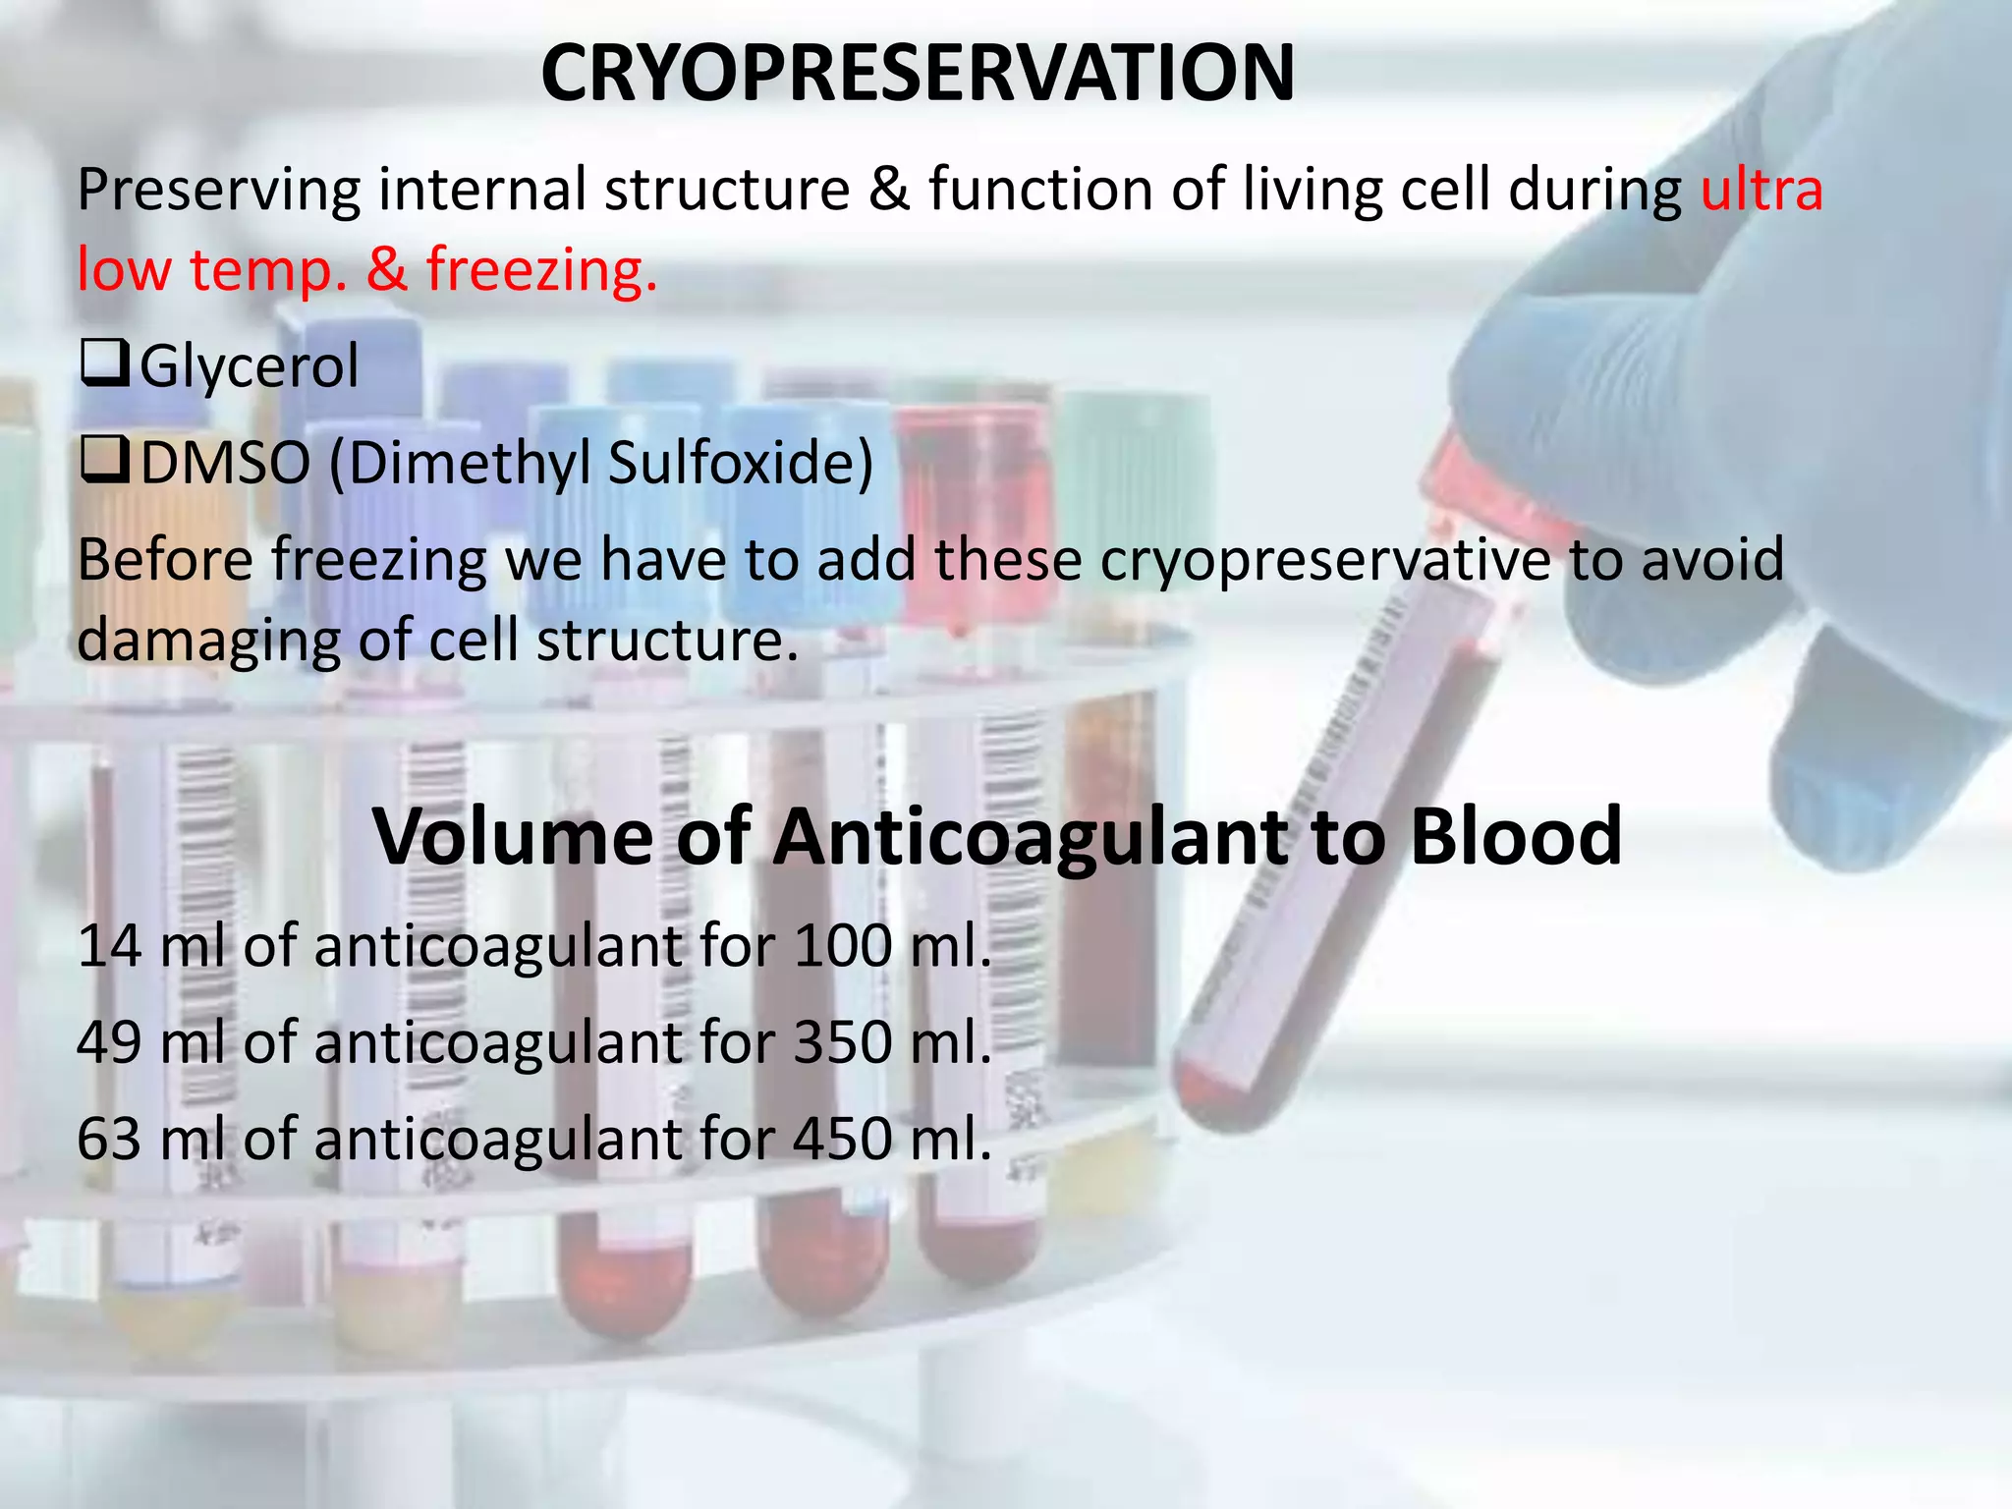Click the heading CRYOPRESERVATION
point(917,74)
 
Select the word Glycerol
point(250,367)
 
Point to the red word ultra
point(1761,190)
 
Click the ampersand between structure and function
point(888,190)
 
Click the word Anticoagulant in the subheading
point(1032,836)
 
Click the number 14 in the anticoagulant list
point(109,947)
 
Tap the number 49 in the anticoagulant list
point(109,1043)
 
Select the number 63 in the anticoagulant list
point(109,1140)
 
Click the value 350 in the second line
point(842,1043)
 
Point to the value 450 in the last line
point(842,1140)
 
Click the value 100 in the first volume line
point(842,947)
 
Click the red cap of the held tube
point(1474,486)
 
